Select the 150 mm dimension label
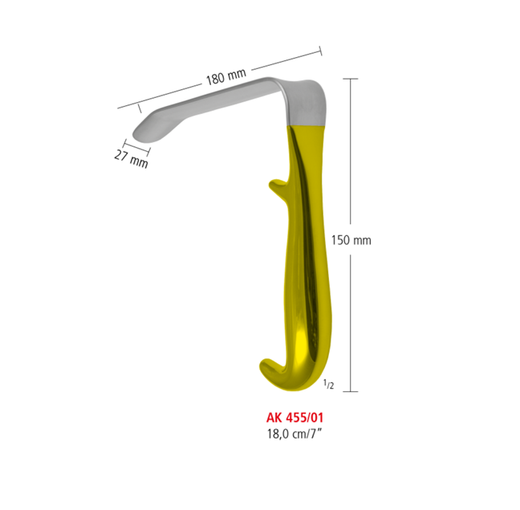pyautogui.click(x=351, y=239)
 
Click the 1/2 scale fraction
pyautogui.click(x=329, y=386)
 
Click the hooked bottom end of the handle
pyautogui.click(x=268, y=370)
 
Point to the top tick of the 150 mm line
pyautogui.click(x=350, y=79)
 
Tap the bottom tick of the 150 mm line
pyautogui.click(x=350, y=391)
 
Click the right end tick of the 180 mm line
pyautogui.click(x=321, y=51)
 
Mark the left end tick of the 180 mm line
pyautogui.click(x=118, y=106)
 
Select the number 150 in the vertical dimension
pyautogui.click(x=342, y=239)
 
